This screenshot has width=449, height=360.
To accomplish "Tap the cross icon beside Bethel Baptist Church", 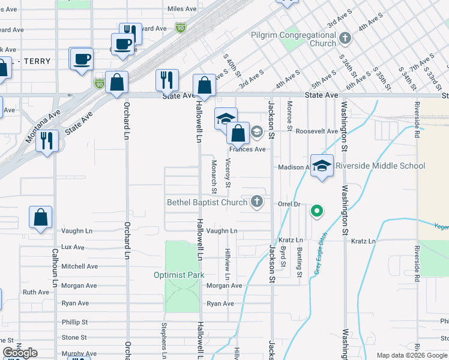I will pyautogui.click(x=257, y=202).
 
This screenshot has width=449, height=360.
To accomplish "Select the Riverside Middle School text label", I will pyautogui.click(x=380, y=166).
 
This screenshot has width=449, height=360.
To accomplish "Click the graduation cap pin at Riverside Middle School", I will pyautogui.click(x=322, y=167).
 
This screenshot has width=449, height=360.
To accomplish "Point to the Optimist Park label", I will pyautogui.click(x=179, y=275).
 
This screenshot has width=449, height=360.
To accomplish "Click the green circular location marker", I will pyautogui.click(x=317, y=211).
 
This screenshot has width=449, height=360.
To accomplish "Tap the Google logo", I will pyautogui.click(x=20, y=353).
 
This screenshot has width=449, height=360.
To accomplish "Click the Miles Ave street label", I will pyautogui.click(x=182, y=9).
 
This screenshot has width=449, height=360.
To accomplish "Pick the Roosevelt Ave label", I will pyautogui.click(x=317, y=131).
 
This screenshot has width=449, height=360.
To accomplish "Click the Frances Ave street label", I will pyautogui.click(x=247, y=149).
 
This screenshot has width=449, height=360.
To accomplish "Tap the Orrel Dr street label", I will pyautogui.click(x=289, y=204).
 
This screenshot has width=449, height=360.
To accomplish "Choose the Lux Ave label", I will pyautogui.click(x=73, y=247).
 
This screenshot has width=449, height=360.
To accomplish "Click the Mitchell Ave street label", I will pyautogui.click(x=79, y=266).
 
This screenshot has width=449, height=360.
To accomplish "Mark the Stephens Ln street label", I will pyautogui.click(x=163, y=339).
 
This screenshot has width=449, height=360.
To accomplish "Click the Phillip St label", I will pyautogui.click(x=74, y=322).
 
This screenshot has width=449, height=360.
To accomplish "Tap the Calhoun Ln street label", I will pyautogui.click(x=54, y=268).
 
